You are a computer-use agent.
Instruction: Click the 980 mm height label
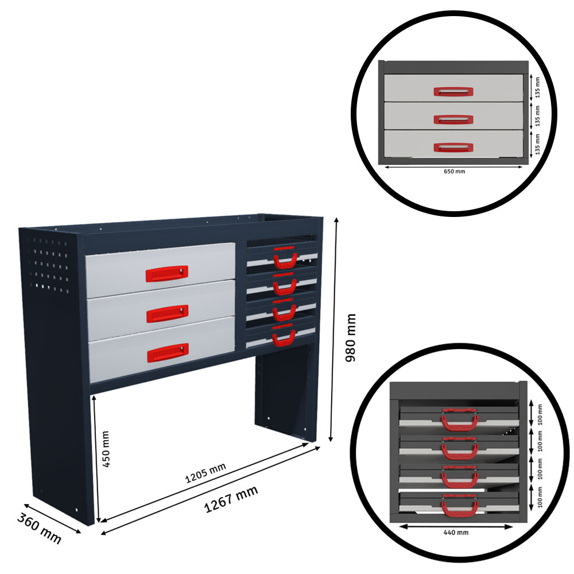click(351, 338)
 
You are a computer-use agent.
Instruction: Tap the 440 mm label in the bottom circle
click(456, 533)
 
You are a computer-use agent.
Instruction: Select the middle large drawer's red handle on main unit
click(167, 313)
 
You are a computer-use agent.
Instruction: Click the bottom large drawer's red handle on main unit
click(168, 352)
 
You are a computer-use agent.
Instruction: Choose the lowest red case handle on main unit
click(284, 339)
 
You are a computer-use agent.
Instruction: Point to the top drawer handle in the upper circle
click(453, 91)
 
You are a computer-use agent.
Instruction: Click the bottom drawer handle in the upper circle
click(453, 148)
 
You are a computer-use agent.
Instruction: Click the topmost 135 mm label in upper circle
click(538, 87)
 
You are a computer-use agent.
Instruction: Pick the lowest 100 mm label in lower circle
click(539, 497)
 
